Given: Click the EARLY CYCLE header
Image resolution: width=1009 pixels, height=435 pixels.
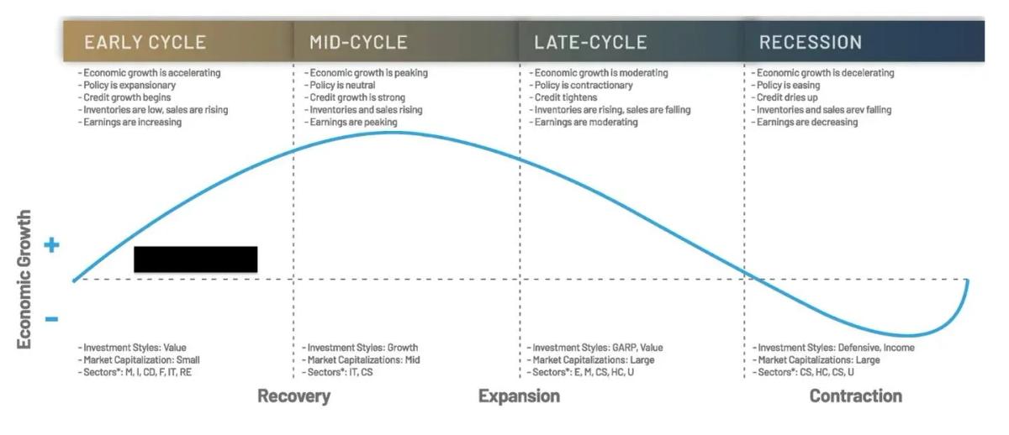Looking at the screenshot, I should [145, 42].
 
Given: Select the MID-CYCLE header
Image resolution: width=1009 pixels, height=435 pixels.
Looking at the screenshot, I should [358, 42].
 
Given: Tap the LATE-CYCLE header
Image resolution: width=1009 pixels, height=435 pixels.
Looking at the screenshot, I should [590, 42].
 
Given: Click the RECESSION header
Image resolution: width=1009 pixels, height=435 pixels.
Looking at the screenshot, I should [810, 42].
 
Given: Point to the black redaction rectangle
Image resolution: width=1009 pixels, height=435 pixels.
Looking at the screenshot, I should [195, 259].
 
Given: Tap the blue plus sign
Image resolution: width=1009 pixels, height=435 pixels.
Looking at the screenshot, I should [51, 245].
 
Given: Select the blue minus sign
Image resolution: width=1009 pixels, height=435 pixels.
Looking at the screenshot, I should [51, 319].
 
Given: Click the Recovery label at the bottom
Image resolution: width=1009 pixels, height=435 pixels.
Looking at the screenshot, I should [293, 396].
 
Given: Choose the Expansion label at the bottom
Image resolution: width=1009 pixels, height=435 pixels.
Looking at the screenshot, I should [519, 396].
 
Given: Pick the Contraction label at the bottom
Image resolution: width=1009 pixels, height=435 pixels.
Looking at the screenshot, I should [855, 396].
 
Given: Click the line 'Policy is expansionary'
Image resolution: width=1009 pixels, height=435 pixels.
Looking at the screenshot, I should [128, 86].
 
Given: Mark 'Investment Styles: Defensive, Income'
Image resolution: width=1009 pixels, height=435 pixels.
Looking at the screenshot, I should [833, 348].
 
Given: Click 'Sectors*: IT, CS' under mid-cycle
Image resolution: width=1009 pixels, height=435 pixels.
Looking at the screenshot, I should [338, 372].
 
